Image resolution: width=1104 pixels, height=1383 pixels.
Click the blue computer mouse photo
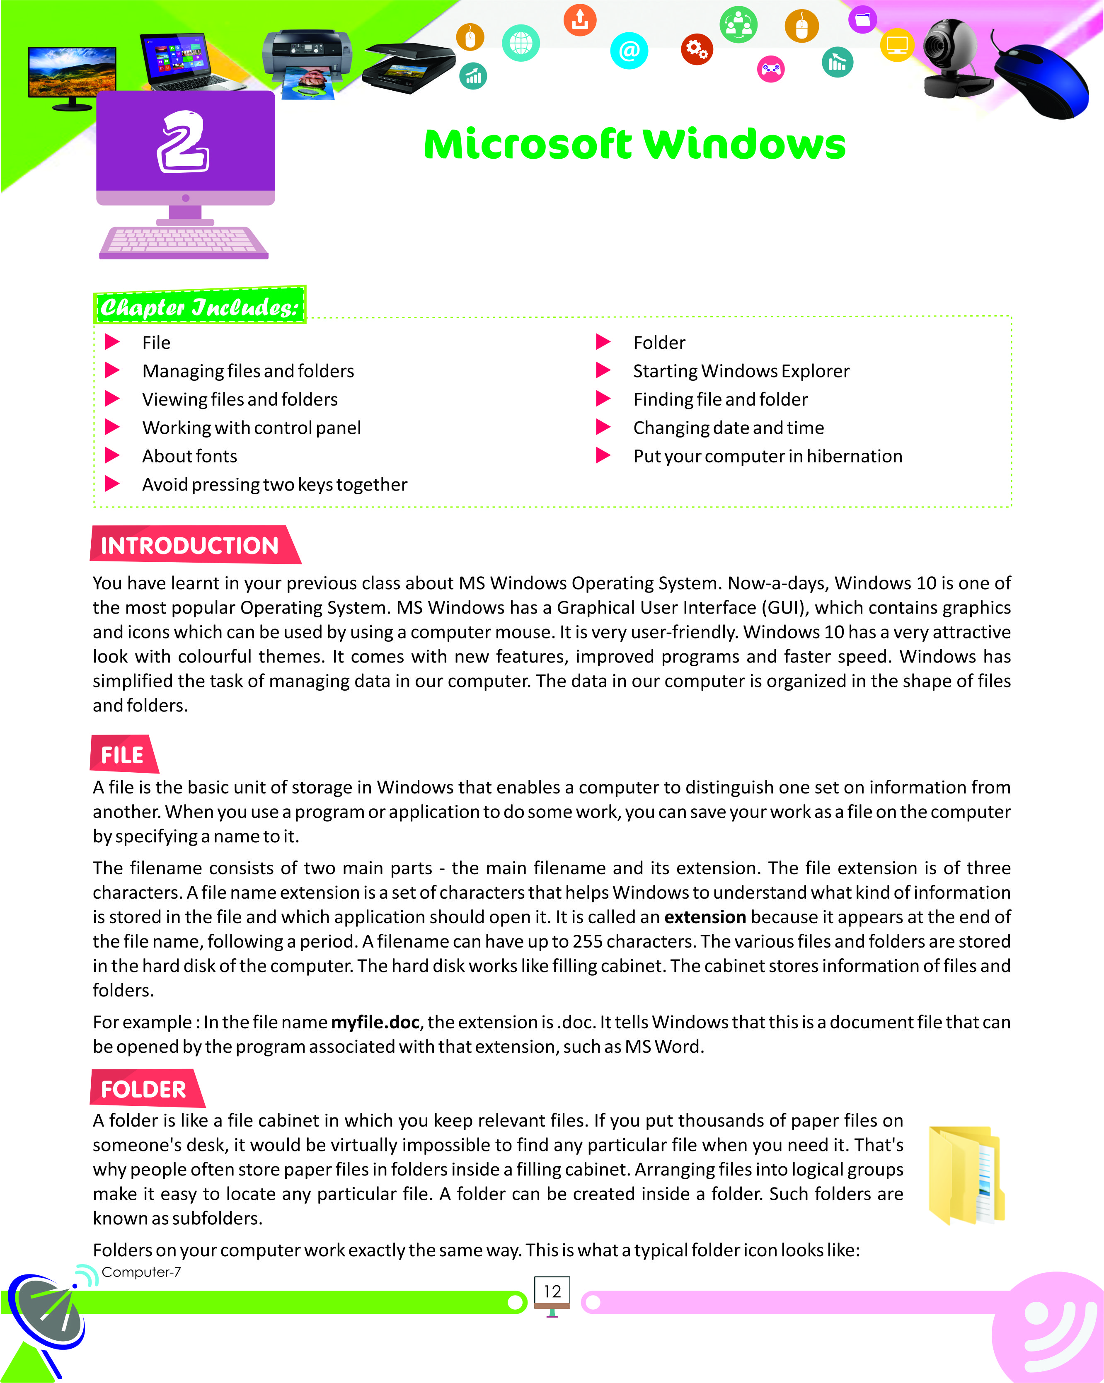click(1042, 80)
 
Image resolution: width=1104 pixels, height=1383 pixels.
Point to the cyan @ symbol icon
click(629, 50)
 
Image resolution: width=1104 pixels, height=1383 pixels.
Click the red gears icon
click(697, 49)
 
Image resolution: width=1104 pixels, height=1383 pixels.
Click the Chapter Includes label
click(199, 307)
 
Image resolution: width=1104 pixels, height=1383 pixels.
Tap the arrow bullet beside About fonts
click(112, 455)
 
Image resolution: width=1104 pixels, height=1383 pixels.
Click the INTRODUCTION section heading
click(190, 545)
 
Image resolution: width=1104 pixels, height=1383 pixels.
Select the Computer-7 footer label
click(141, 1272)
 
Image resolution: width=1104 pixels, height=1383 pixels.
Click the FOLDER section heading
click(144, 1089)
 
